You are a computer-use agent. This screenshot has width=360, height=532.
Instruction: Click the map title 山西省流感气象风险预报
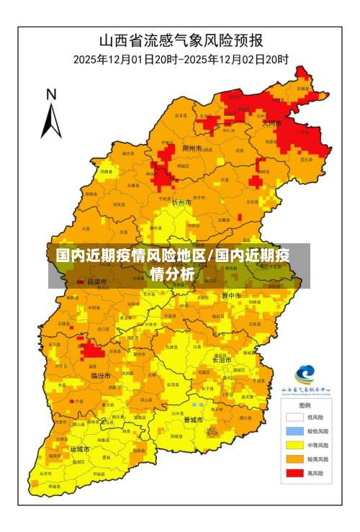[x=180, y=40]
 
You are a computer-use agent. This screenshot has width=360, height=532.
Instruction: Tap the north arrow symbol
[x=50, y=119]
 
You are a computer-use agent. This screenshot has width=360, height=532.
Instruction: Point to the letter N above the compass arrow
[x=51, y=94]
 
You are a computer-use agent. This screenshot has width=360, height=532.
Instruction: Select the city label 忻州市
[x=182, y=203]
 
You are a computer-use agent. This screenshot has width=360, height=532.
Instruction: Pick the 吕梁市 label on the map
[x=96, y=281]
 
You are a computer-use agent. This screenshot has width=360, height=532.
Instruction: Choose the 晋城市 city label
[x=193, y=419]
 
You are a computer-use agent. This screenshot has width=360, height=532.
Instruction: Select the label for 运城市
[x=79, y=449]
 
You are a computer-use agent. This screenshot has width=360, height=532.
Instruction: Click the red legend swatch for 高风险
[x=294, y=473]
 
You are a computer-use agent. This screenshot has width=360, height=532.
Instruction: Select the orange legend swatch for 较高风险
[x=294, y=459]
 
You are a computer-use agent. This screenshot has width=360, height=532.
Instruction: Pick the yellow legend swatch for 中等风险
[x=294, y=444]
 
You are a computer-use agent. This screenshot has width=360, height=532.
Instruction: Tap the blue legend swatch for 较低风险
[x=294, y=430]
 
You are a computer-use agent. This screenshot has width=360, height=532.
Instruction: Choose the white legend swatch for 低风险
[x=294, y=416]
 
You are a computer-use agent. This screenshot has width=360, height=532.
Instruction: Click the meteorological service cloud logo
[x=305, y=375]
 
